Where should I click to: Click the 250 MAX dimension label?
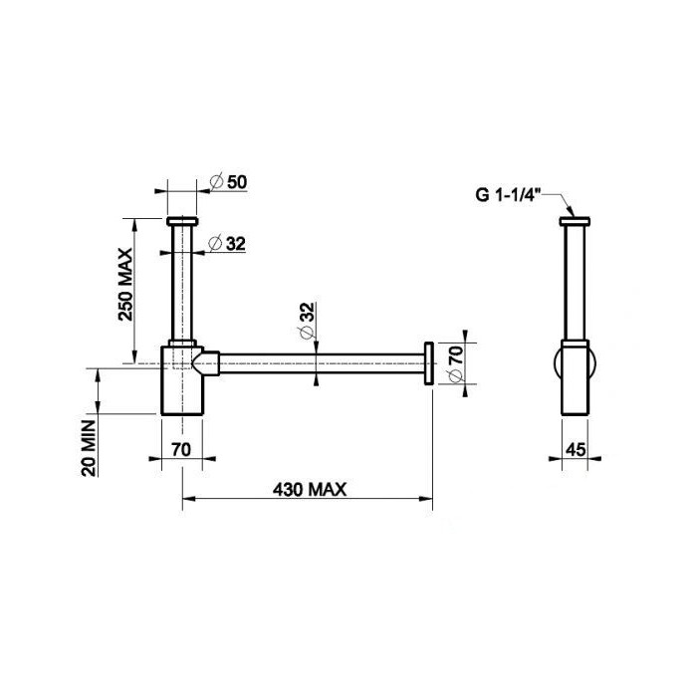(126, 287)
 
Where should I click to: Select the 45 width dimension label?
(575, 449)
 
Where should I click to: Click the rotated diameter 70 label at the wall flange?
(455, 363)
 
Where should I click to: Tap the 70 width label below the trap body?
(180, 449)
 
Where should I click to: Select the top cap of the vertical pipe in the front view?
(184, 219)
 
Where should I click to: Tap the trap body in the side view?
(576, 378)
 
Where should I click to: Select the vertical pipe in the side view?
(575, 284)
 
